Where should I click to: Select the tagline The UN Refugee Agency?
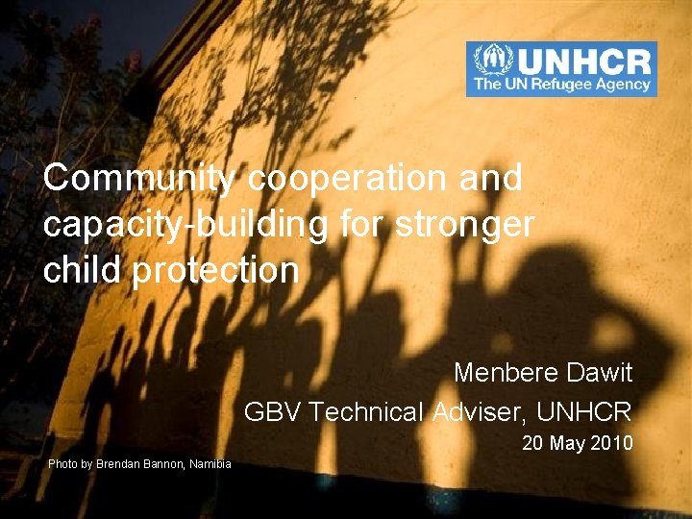tap(561, 85)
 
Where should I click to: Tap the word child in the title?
tap(82, 270)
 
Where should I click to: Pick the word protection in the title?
tap(216, 270)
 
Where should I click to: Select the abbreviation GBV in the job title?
tap(273, 412)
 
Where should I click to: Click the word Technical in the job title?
tap(367, 412)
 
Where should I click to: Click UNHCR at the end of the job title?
tap(584, 412)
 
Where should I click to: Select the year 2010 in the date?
tap(611, 443)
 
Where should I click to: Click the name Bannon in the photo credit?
tap(156, 464)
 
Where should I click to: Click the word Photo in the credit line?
tap(62, 464)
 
